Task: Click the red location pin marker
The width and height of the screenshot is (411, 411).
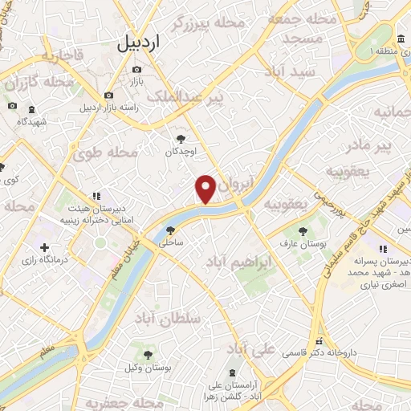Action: (x=205, y=189)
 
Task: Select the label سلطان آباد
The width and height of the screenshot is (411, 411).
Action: (x=165, y=319)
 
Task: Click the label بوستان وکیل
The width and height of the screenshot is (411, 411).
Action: (x=148, y=367)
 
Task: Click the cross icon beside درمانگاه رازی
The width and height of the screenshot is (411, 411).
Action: (x=45, y=247)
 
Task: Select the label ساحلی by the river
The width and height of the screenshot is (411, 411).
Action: (x=172, y=241)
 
